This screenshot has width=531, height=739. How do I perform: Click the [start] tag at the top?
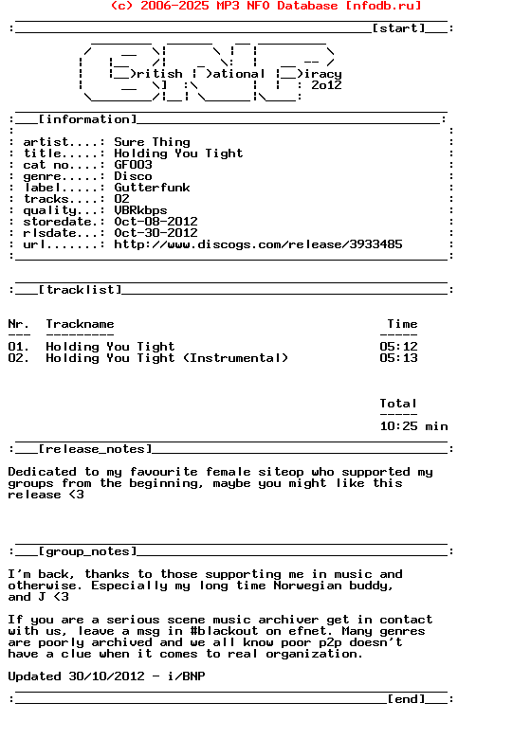pos(398,28)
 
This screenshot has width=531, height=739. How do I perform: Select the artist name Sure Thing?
pos(152,142)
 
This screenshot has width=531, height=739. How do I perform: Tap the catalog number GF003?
pos(133,165)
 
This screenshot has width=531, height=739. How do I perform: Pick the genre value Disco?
pos(133,176)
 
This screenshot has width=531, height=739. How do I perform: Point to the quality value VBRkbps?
pos(140,210)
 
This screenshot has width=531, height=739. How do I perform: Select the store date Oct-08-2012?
pos(156,222)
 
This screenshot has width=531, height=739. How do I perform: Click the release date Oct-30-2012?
pos(156,233)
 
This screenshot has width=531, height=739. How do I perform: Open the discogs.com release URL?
pos(258,244)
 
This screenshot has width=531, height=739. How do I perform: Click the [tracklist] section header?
pos(80,290)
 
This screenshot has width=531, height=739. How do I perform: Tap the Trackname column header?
pos(80,324)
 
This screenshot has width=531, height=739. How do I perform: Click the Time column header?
pos(402,324)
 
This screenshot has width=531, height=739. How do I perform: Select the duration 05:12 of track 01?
pos(398,347)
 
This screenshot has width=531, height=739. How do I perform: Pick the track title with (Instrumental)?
pos(167,358)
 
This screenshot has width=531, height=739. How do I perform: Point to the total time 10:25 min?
pos(413,426)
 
